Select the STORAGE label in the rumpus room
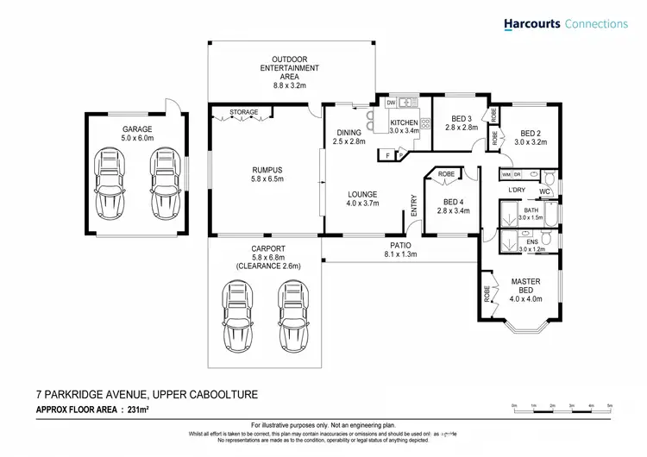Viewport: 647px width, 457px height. (243, 111)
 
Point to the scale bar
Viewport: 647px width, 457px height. (562, 407)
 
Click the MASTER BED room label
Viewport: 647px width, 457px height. (525, 286)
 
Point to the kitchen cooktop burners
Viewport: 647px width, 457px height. (425, 122)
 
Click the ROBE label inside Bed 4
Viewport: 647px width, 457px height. (446, 175)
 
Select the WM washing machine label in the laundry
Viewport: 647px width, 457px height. (506, 175)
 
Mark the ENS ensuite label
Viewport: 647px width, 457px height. (521, 242)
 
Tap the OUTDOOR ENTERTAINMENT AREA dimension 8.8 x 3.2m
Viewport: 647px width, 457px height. (291, 86)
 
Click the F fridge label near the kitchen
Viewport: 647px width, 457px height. (388, 154)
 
